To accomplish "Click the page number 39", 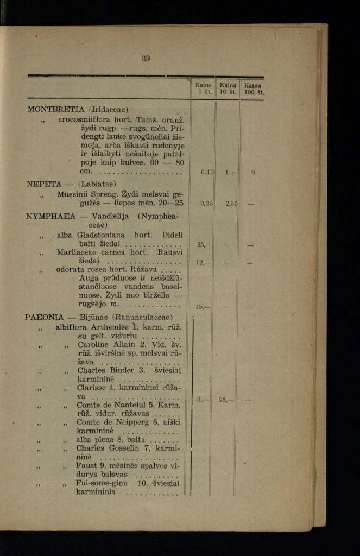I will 146,59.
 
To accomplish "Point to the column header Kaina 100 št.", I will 253,89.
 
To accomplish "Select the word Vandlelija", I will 110,216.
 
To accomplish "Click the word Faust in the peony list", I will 88,465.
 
